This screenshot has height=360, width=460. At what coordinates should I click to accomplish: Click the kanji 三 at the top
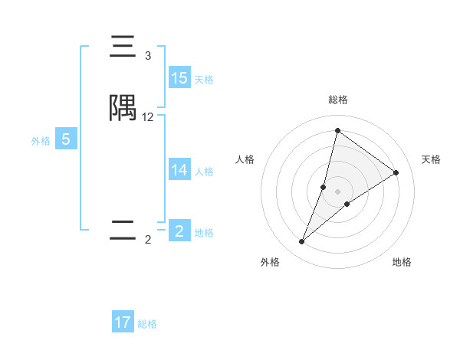point(123,47)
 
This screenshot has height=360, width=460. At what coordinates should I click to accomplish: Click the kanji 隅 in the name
point(123,109)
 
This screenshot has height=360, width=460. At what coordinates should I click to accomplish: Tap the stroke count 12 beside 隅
point(148,117)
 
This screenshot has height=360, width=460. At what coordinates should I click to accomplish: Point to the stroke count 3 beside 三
point(148,56)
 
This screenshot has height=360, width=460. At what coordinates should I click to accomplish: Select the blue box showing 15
point(179,78)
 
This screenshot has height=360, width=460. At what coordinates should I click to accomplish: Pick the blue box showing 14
point(179,170)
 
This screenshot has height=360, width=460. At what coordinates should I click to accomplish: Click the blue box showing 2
point(179,231)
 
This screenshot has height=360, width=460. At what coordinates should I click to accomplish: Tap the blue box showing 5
point(66,139)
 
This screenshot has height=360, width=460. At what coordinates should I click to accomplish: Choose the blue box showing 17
point(123,322)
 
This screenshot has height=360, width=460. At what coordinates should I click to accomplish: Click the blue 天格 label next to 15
point(204,80)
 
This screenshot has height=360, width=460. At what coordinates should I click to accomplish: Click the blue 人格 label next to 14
point(204,172)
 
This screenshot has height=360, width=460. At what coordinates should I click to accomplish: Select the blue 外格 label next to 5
point(41,141)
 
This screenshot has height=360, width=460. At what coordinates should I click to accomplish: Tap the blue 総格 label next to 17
point(147,324)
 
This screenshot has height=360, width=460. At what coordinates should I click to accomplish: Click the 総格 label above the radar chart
point(338,100)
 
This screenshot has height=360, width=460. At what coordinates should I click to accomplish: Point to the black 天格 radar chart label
point(431,159)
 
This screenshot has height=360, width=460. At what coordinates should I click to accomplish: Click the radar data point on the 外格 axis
point(302,242)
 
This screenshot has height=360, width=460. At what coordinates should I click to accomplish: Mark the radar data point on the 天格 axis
point(396,172)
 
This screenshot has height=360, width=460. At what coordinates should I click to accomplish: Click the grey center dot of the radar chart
point(338,191)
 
